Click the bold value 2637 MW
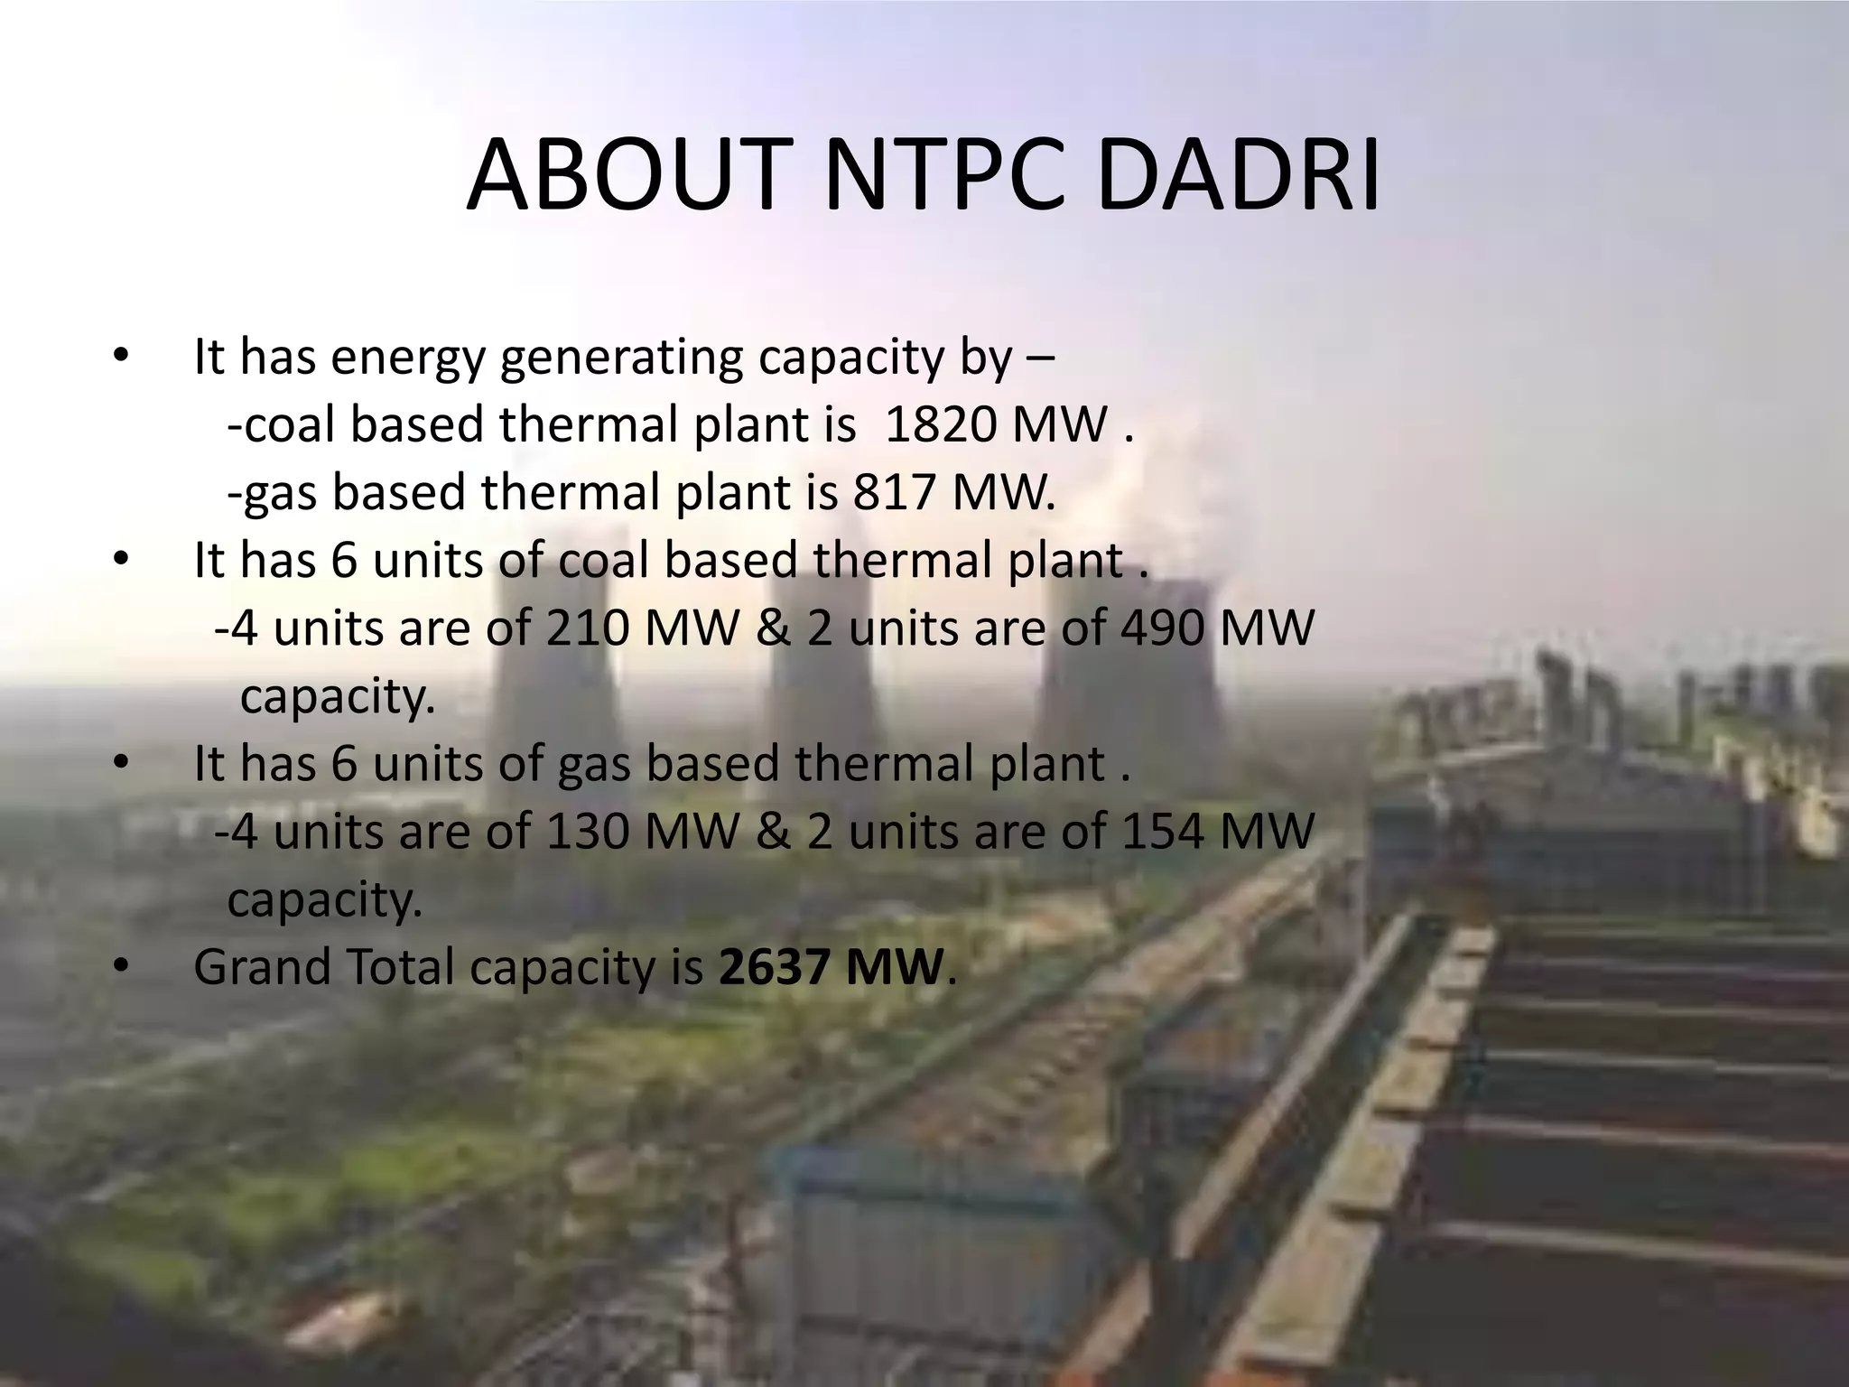831,967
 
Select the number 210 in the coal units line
587,628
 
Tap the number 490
1163,628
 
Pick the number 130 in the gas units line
587,832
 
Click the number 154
1163,832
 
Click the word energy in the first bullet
408,358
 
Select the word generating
621,358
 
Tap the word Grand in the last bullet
262,967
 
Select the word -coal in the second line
282,424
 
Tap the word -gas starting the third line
273,493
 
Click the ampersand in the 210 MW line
773,628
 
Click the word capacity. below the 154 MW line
325,899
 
